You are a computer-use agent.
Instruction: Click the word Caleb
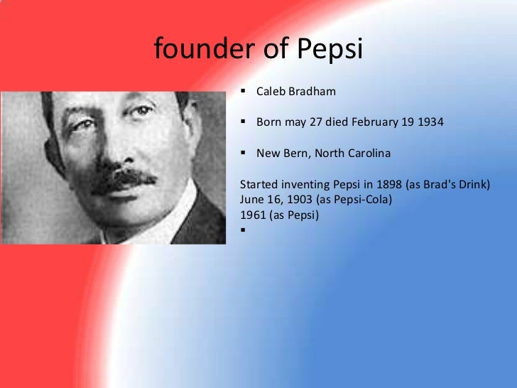271,92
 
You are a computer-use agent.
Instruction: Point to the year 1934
430,122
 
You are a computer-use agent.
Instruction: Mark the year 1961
254,214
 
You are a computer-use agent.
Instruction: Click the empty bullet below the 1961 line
244,229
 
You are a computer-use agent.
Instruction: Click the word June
253,199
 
